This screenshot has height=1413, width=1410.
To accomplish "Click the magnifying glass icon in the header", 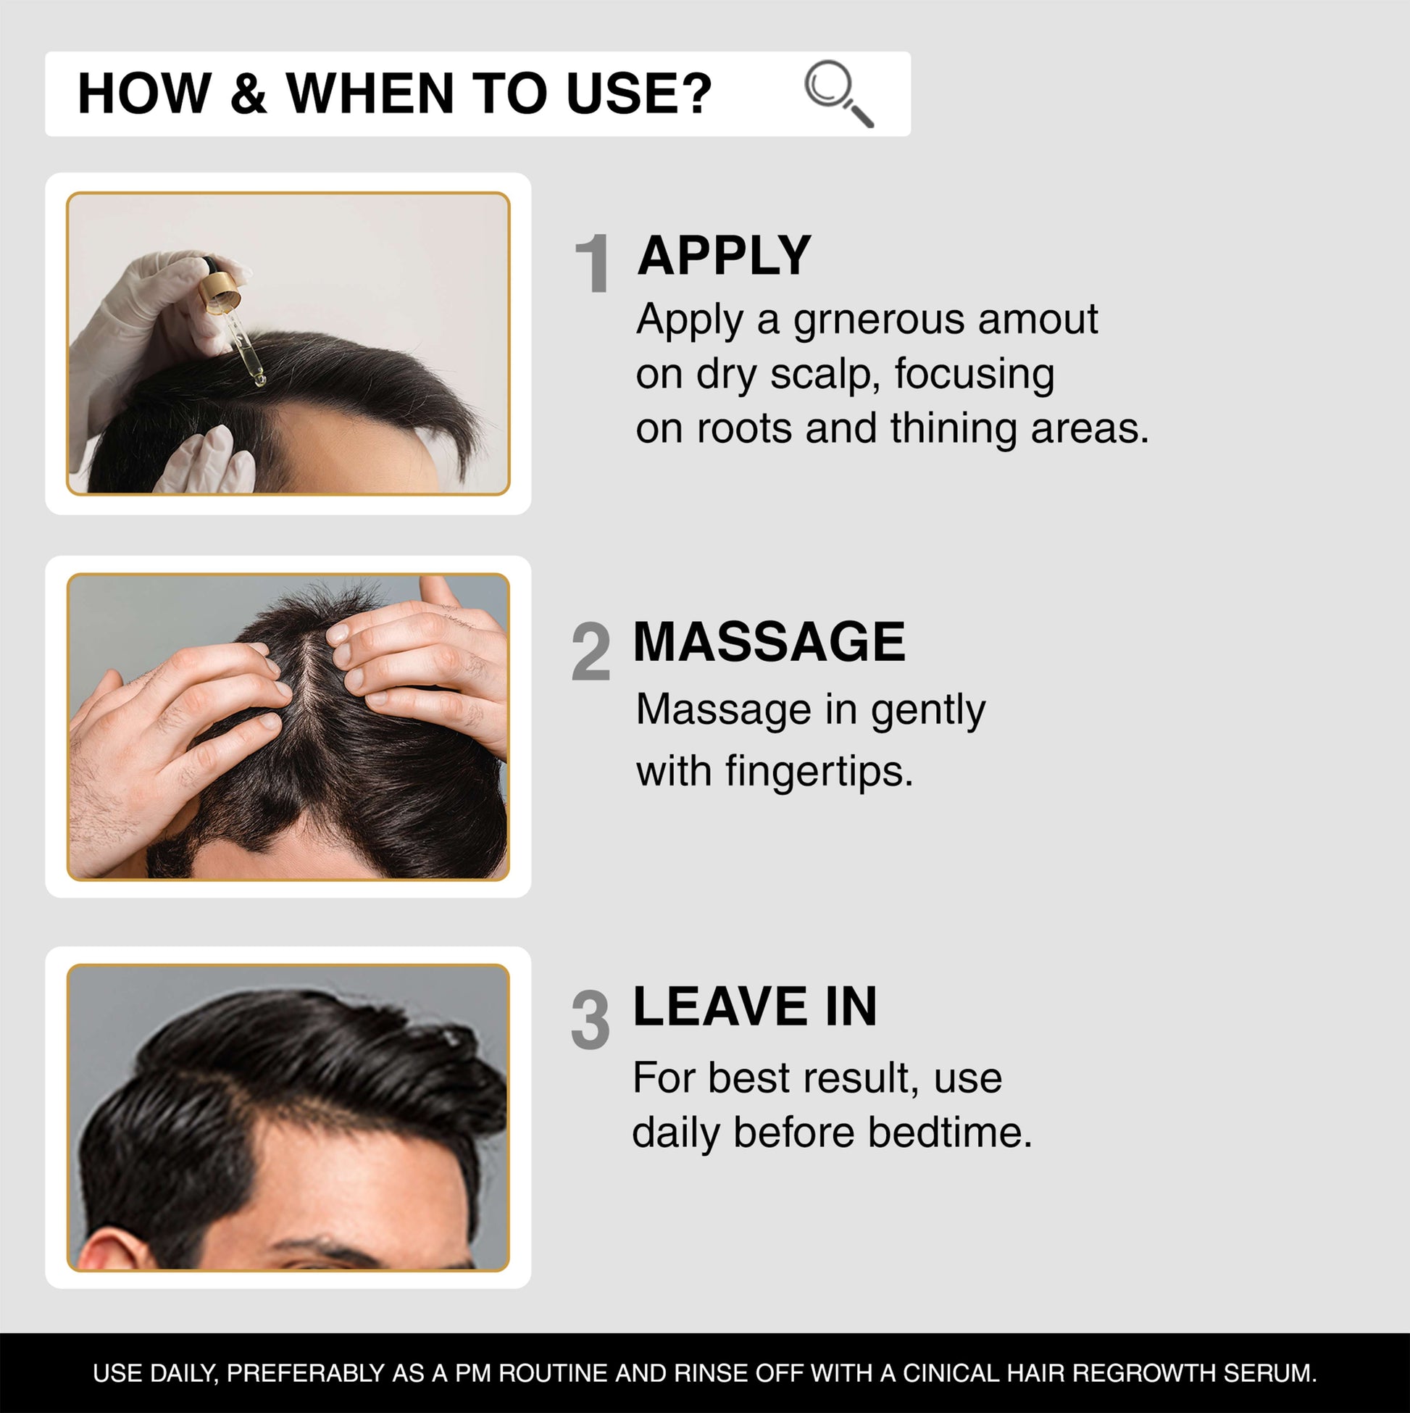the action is coord(838,93).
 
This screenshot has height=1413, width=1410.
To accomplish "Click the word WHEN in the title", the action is coord(370,93).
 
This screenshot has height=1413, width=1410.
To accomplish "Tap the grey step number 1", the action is coord(593,263).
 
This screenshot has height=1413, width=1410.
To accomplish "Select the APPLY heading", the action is coord(724,255).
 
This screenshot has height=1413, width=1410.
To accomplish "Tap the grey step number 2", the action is coord(591,651).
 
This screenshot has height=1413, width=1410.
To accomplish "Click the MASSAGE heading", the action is coord(769,641).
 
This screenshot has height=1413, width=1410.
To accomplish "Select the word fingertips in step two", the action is coord(819,772).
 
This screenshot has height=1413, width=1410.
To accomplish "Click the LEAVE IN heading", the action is coord(755,1006).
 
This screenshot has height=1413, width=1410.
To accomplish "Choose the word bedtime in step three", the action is coord(950,1132).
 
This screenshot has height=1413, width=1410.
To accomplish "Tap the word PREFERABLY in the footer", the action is coord(306,1372).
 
